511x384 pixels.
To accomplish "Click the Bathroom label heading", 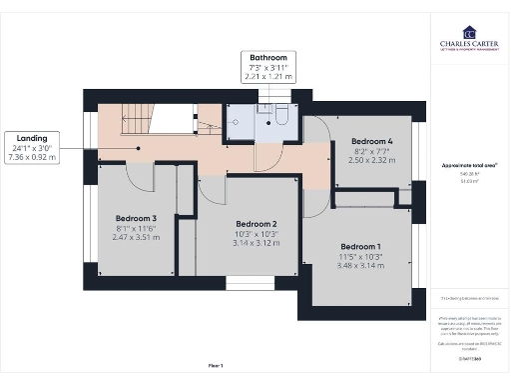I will point(267,58).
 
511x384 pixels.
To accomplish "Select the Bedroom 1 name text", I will point(360,246).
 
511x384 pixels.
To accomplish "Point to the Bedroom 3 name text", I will point(136,218).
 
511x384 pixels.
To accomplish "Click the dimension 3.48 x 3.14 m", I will point(360,265).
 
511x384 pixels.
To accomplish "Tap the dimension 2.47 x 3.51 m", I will point(136,237).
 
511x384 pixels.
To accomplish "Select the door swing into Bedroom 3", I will point(143,177).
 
